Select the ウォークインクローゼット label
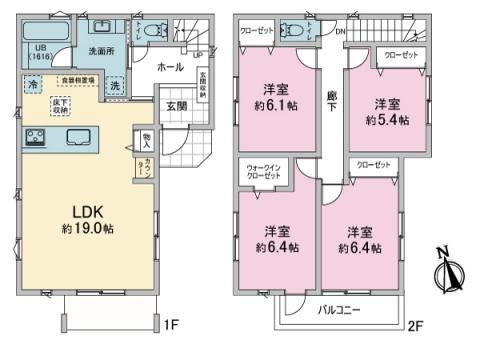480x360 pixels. tap(262, 172)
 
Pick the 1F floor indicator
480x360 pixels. tap(173, 322)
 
